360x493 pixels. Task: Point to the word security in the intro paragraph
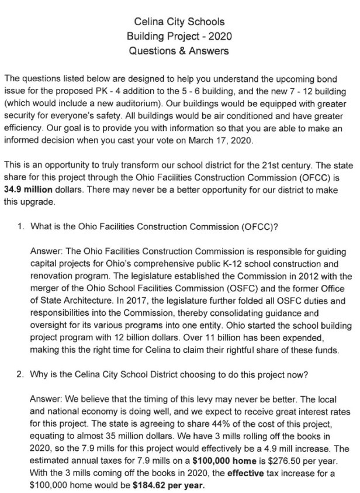click(x=22, y=116)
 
